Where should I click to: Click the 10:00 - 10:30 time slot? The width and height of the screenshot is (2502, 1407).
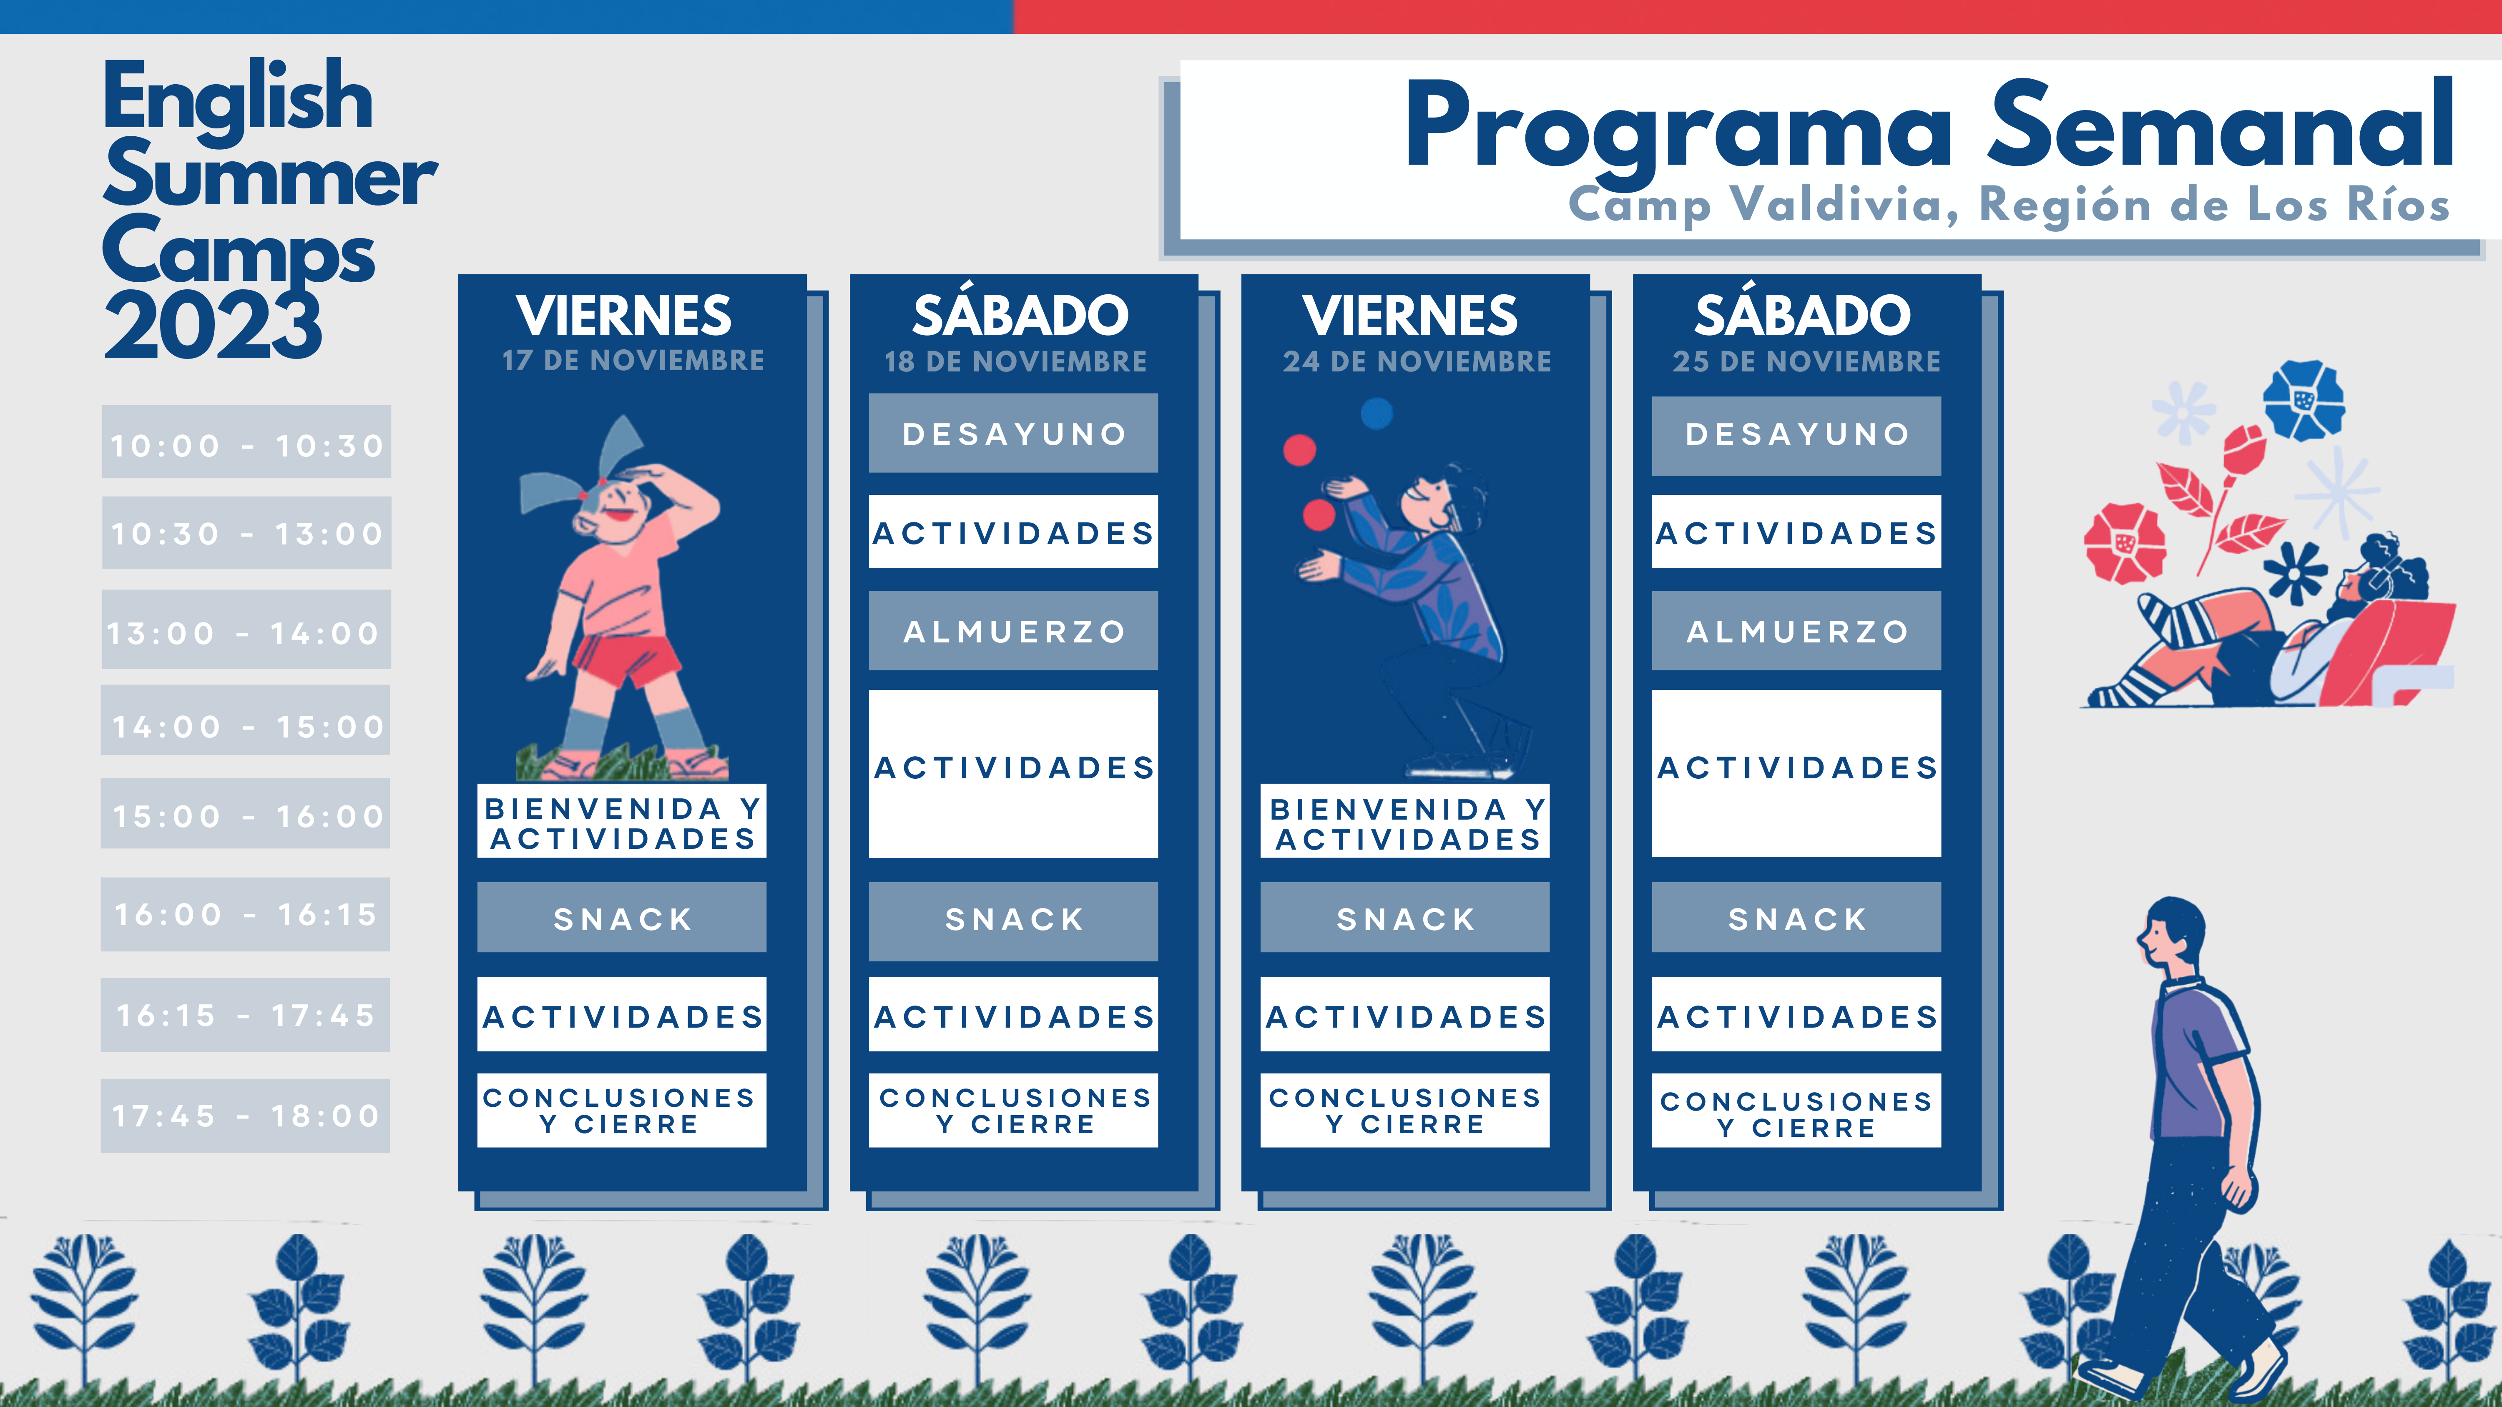pos(247,442)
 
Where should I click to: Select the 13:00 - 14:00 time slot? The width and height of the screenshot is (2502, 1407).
pos(247,630)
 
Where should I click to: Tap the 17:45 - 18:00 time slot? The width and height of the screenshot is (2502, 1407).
pos(246,1116)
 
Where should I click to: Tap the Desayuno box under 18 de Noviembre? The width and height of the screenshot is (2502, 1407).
pos(1013,433)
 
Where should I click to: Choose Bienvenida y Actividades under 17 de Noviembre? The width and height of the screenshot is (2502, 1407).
pos(622,821)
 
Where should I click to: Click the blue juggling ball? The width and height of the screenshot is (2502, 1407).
pos(1376,414)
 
